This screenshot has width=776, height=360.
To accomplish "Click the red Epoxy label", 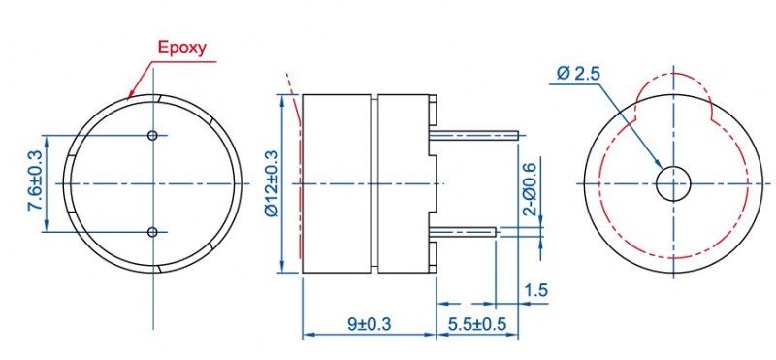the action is [181, 49].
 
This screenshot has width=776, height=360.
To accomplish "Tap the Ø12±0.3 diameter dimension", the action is [272, 183].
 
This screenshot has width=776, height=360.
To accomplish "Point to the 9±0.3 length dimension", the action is [369, 324].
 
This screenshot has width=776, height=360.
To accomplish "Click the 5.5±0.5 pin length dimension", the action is [477, 324].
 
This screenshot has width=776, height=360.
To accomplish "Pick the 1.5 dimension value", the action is [537, 290].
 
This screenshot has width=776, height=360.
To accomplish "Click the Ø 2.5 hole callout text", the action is [578, 74].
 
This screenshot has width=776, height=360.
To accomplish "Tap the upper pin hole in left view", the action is [152, 135].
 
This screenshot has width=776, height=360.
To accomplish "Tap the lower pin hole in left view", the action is [152, 232].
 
